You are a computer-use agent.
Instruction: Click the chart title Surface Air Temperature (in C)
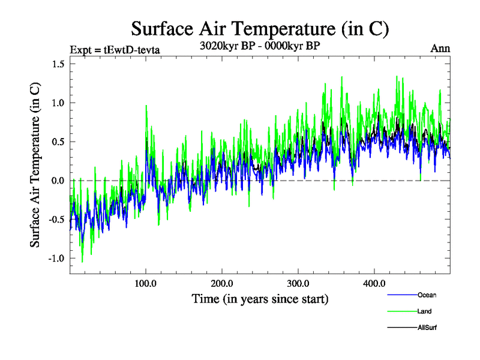pyautogui.click(x=260, y=28)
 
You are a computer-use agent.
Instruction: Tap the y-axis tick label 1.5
pyautogui.click(x=55, y=64)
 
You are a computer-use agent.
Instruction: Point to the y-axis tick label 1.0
pyautogui.click(x=55, y=103)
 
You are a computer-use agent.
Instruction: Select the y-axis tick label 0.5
pyautogui.click(x=55, y=142)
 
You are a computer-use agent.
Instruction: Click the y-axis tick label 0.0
pyautogui.click(x=55, y=181)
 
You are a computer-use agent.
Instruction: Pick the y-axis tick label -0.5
pyautogui.click(x=53, y=220)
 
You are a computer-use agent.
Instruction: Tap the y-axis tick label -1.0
pyautogui.click(x=53, y=259)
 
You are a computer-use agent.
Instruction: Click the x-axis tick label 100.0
pyautogui.click(x=146, y=283)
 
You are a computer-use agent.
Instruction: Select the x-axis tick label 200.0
pyautogui.click(x=222, y=283)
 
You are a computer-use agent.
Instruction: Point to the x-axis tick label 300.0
pyautogui.click(x=298, y=283)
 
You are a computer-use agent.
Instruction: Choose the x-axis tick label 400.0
pyautogui.click(x=374, y=283)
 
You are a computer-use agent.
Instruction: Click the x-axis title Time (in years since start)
pyautogui.click(x=260, y=298)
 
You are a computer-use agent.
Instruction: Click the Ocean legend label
pyautogui.click(x=427, y=295)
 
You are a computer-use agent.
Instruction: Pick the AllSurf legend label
pyautogui.click(x=427, y=328)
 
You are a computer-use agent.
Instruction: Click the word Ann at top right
pyautogui.click(x=440, y=48)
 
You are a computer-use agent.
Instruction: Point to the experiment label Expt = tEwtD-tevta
pyautogui.click(x=115, y=49)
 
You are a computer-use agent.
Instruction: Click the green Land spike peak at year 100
pyautogui.click(x=146, y=106)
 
